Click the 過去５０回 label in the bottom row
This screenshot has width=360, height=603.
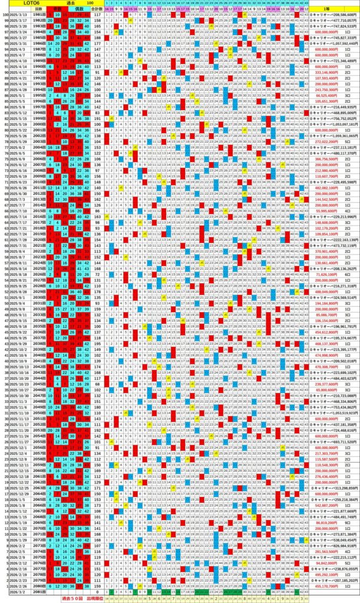pyautogui.click(x=73, y=598)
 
